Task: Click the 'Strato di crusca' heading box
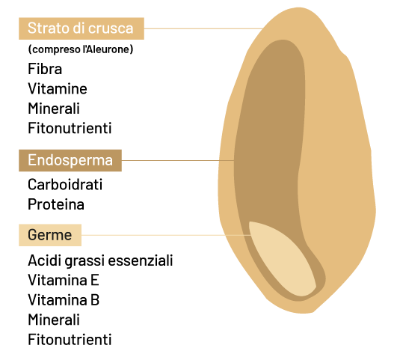click(x=81, y=28)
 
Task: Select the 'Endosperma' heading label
click(x=70, y=160)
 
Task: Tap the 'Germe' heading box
click(x=50, y=235)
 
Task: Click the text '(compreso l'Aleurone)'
click(x=81, y=49)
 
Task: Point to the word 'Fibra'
click(x=45, y=69)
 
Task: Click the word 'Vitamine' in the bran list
click(x=58, y=88)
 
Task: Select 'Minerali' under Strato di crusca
click(x=54, y=109)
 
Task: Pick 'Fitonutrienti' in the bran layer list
click(x=70, y=128)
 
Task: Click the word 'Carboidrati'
click(x=65, y=184)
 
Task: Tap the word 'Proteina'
click(x=56, y=204)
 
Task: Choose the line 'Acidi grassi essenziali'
click(x=100, y=260)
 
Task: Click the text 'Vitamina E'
click(x=64, y=280)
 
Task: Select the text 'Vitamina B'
click(x=64, y=300)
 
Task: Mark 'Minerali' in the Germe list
click(x=54, y=320)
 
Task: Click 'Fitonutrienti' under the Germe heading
click(x=70, y=340)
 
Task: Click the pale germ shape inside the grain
click(x=281, y=259)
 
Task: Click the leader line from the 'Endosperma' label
click(x=178, y=160)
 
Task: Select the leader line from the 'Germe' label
click(x=166, y=235)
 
